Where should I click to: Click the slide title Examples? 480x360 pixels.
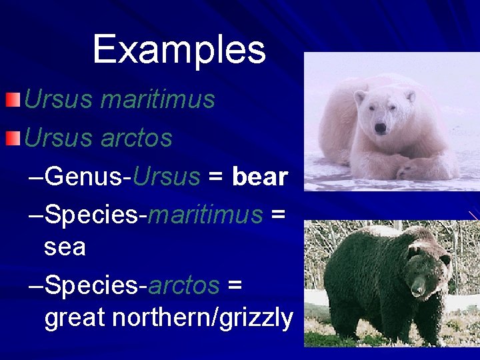click(179, 50)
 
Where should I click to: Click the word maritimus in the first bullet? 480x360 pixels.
click(157, 100)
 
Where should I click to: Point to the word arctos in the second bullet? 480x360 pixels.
click(137, 139)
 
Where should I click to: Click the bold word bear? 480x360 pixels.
click(259, 177)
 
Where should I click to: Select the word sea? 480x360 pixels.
click(65, 247)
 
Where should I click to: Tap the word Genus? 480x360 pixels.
click(85, 177)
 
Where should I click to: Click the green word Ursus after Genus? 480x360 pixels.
click(167, 177)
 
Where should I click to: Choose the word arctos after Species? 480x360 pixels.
click(183, 285)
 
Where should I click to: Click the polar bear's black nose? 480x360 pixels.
click(380, 127)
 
